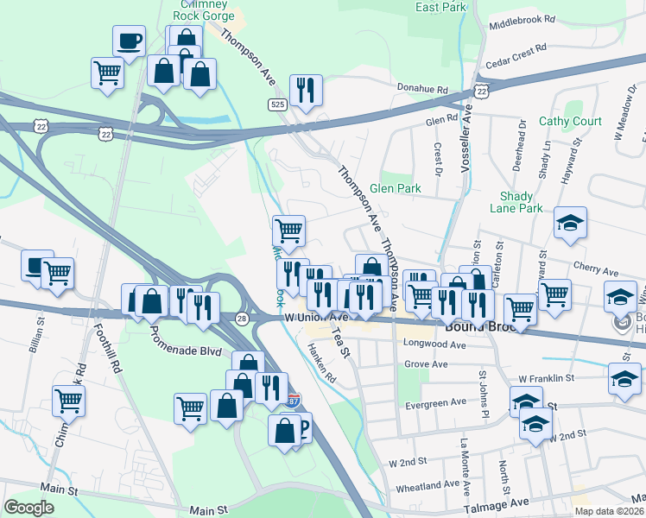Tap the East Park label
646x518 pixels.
pyautogui.click(x=440, y=7)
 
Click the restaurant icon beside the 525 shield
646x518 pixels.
pyautogui.click(x=306, y=91)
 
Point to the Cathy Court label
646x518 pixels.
pyautogui.click(x=570, y=122)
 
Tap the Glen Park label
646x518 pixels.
pyautogui.click(x=394, y=188)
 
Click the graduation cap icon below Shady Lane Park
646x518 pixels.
pyautogui.click(x=570, y=224)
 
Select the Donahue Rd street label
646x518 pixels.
pyautogui.click(x=422, y=89)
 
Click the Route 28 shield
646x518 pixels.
pyautogui.click(x=242, y=319)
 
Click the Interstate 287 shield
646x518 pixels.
pyautogui.click(x=294, y=401)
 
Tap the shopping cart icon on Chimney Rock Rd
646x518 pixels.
pyautogui.click(x=68, y=400)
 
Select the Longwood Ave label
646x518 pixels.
pyautogui.click(x=434, y=344)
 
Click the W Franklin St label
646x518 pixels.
pyautogui.click(x=546, y=378)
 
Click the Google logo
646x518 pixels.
pyautogui.click(x=29, y=508)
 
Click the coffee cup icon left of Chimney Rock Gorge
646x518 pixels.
pyautogui.click(x=129, y=41)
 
